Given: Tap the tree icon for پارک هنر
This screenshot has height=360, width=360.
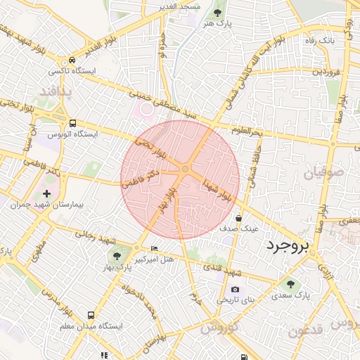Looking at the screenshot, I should [x=217, y=12].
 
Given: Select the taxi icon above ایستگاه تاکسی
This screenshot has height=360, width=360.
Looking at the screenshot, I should [x=72, y=60].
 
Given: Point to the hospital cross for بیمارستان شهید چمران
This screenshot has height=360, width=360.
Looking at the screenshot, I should [x=47, y=193].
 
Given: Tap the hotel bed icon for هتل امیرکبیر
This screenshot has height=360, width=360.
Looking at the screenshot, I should [x=155, y=250].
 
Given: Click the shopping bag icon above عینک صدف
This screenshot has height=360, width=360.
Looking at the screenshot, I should [x=239, y=218].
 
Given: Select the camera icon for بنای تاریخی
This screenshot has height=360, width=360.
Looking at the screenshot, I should [x=234, y=289].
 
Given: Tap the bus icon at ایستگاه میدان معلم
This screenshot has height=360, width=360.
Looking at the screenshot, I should [x=91, y=316].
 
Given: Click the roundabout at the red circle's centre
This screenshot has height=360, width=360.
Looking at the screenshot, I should [x=186, y=169].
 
